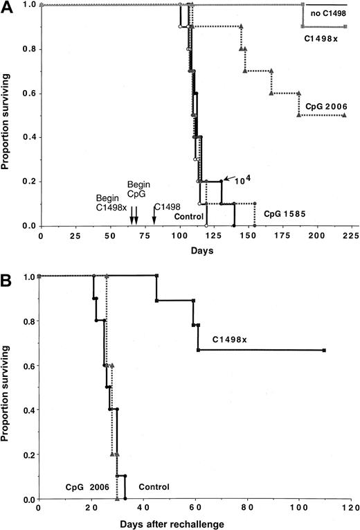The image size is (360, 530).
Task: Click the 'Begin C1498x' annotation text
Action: click(x=114, y=202)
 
